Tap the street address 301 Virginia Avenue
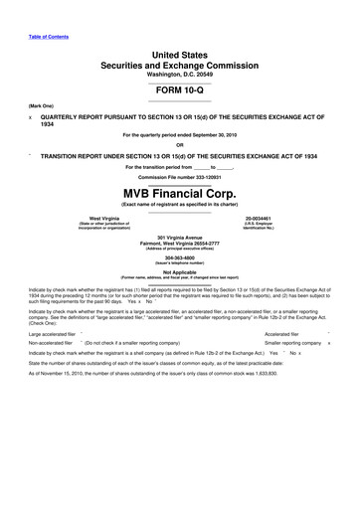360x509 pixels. [180, 236]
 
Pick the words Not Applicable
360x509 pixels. [180, 271]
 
